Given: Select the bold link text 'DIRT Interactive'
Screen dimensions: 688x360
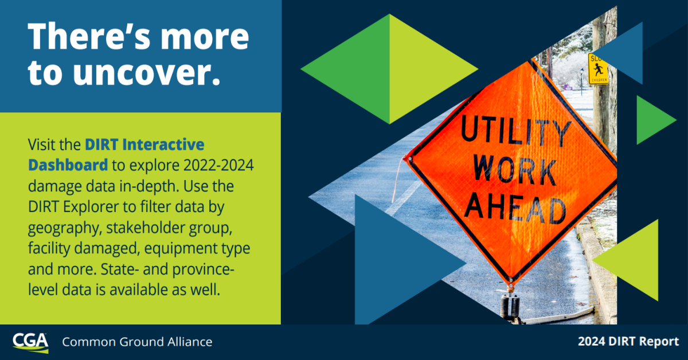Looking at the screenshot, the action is pyautogui.click(x=144, y=144).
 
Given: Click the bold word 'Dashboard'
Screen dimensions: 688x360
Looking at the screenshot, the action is pyautogui.click(x=68, y=165).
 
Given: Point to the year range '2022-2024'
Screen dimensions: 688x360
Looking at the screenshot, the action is pyautogui.click(x=218, y=165).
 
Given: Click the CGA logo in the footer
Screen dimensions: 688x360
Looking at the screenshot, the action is pyautogui.click(x=30, y=343).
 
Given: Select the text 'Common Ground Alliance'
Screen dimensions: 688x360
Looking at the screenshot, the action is pyautogui.click(x=137, y=342).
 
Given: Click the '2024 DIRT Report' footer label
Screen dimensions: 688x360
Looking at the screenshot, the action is pyautogui.click(x=628, y=342).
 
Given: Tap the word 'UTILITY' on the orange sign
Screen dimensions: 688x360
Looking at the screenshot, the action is pyautogui.click(x=515, y=131).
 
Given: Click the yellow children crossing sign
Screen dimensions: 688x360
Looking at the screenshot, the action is pyautogui.click(x=598, y=69).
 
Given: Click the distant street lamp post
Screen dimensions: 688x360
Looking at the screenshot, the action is pyautogui.click(x=581, y=82).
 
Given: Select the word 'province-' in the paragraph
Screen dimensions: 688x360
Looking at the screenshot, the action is pyautogui.click(x=203, y=269).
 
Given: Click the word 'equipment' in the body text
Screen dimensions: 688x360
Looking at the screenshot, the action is pyautogui.click(x=182, y=249).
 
